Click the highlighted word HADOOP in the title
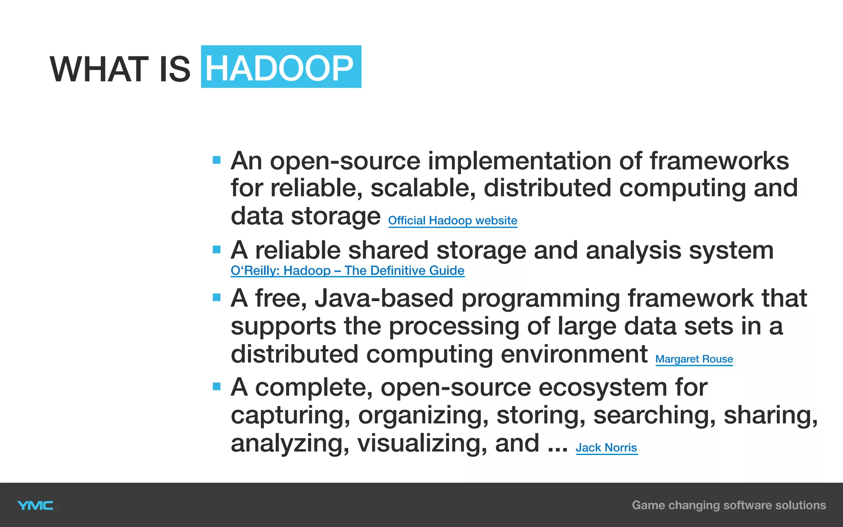(x=280, y=68)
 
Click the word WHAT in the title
(x=99, y=69)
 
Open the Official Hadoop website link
(x=452, y=221)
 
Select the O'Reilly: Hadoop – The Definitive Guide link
(x=347, y=270)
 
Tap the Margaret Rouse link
(x=694, y=359)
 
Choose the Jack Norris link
(x=606, y=448)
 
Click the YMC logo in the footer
(x=35, y=506)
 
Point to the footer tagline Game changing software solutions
(x=729, y=505)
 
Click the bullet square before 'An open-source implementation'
(x=217, y=160)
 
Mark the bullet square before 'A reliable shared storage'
(x=217, y=249)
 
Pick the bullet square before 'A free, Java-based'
(x=217, y=297)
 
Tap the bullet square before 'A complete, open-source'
(x=217, y=386)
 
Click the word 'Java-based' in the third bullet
(x=384, y=298)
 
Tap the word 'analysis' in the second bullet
(x=633, y=250)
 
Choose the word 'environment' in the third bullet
(x=574, y=354)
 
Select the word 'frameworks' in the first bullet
(x=719, y=161)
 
